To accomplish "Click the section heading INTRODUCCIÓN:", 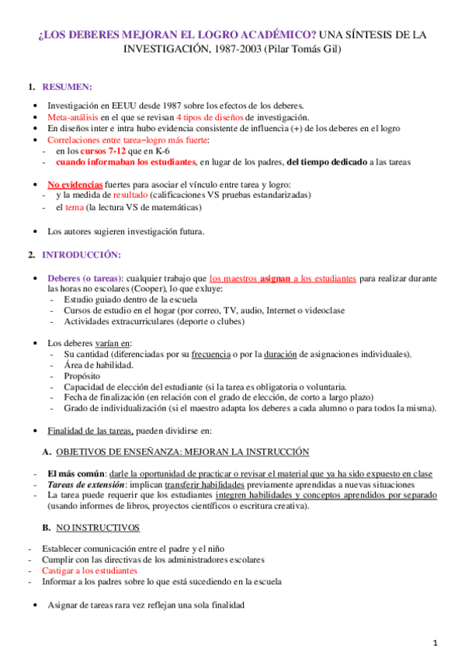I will click(82, 255).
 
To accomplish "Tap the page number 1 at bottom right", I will click(436, 642).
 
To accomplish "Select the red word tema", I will click(85, 207).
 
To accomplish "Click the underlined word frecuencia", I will click(214, 354).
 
